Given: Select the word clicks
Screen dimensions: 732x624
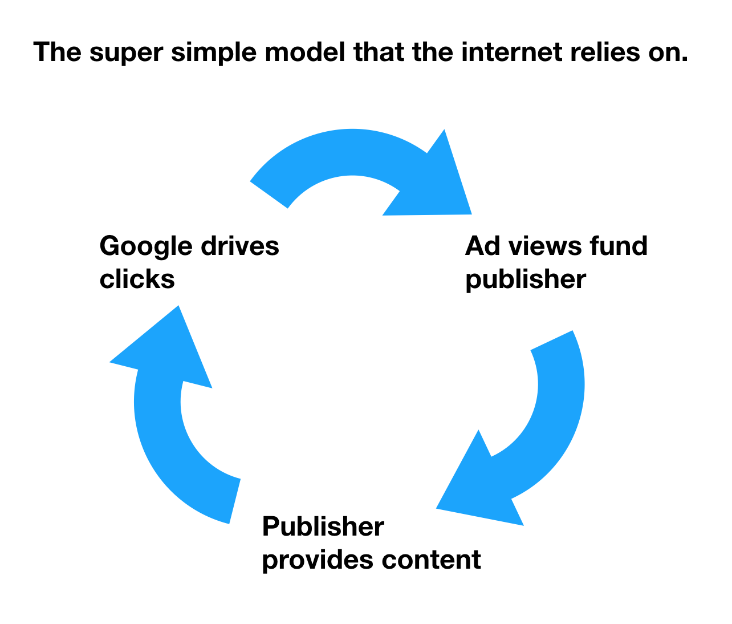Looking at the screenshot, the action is (137, 279).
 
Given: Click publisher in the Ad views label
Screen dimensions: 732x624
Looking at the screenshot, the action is (525, 280).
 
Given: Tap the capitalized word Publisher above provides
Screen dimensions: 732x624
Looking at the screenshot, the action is (323, 526).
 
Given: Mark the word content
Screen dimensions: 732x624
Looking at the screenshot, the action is (432, 560).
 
